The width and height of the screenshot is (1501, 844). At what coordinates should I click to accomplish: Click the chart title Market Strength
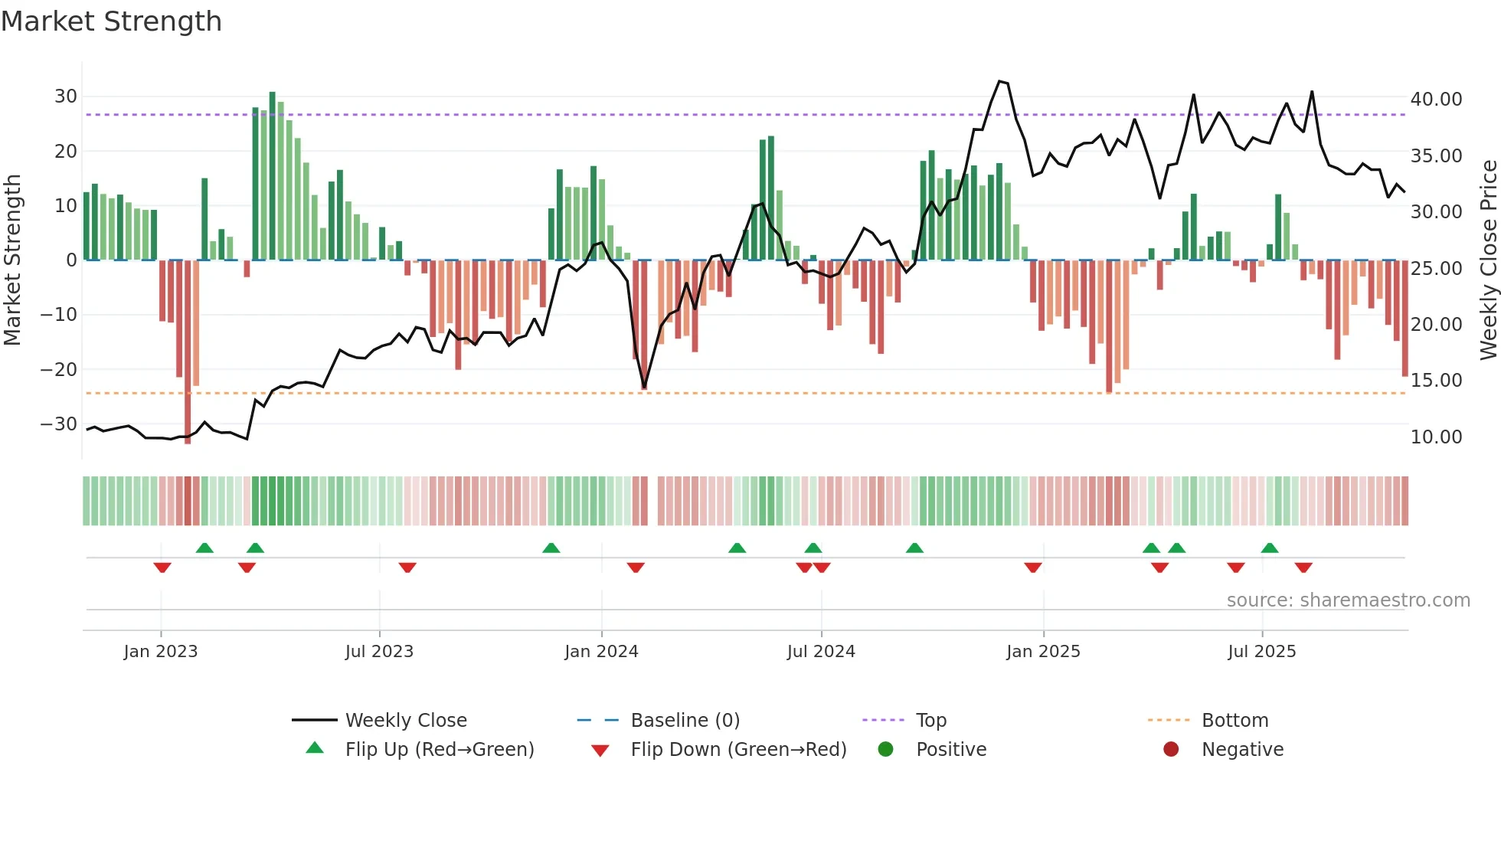tap(111, 21)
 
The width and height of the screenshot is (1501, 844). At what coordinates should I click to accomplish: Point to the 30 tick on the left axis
tap(66, 97)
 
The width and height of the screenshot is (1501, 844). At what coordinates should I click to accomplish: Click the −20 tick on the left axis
tap(59, 369)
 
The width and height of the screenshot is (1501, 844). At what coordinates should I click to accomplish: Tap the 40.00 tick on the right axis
tap(1436, 100)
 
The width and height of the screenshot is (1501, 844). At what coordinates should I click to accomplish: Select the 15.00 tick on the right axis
tap(1436, 381)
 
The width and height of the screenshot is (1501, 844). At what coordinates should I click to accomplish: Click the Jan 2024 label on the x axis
tap(601, 652)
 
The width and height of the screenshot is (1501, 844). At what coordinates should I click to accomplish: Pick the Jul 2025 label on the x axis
tap(1261, 652)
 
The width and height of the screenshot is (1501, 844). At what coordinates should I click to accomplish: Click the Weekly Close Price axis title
tap(1488, 260)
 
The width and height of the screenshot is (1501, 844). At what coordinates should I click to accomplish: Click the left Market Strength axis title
tap(12, 260)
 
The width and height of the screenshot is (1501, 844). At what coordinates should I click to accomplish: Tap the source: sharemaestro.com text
tap(1348, 600)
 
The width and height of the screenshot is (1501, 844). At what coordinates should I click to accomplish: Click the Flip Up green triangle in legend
tap(315, 748)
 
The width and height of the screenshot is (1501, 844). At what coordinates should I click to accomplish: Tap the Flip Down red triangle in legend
tap(600, 751)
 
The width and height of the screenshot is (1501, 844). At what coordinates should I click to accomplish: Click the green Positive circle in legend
tap(885, 749)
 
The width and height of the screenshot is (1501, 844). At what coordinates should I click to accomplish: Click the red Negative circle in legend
tap(1171, 749)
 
